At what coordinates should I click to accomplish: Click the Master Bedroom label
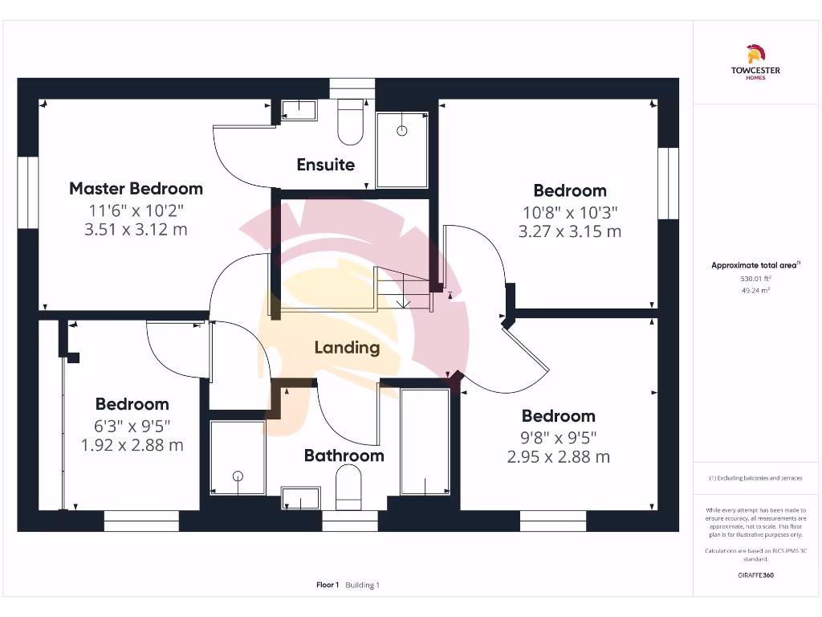click(x=136, y=189)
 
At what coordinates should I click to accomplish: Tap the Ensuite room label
click(x=325, y=165)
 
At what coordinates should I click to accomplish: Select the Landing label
click(x=347, y=348)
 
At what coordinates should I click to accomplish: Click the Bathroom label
click(x=344, y=456)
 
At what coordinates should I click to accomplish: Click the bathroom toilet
click(x=348, y=488)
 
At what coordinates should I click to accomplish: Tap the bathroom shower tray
click(x=237, y=458)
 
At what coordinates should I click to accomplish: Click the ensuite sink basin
click(x=299, y=109)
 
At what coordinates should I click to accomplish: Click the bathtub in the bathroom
click(x=425, y=442)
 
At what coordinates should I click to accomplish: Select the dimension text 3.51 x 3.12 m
click(x=136, y=230)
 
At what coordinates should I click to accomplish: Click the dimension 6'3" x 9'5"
click(x=132, y=425)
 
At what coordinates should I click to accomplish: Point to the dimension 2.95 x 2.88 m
click(x=558, y=457)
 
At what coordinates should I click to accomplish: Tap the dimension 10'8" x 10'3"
click(x=570, y=213)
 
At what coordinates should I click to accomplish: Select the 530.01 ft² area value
click(x=755, y=278)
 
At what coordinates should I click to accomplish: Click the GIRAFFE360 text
click(x=755, y=575)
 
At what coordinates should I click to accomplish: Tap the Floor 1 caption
click(x=328, y=585)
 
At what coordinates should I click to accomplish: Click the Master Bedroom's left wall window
click(x=28, y=193)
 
